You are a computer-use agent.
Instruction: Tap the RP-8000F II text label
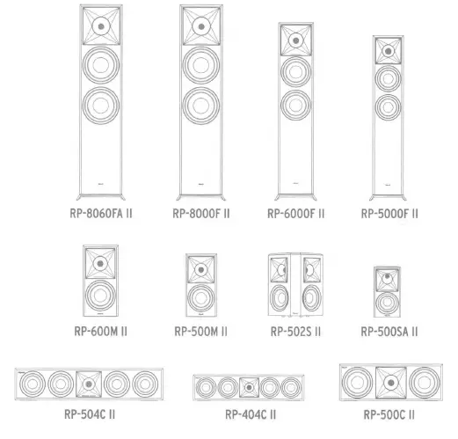[201, 213]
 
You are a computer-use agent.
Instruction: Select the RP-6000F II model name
[296, 213]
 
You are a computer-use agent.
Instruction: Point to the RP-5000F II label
[389, 213]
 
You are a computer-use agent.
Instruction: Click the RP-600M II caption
[101, 332]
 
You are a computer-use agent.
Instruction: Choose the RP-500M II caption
[201, 332]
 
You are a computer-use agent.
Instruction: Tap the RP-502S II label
[294, 332]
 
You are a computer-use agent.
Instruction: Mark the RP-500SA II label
[389, 332]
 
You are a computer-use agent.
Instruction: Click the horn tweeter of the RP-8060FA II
[101, 26]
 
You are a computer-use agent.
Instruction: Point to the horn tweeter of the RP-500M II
[201, 268]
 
